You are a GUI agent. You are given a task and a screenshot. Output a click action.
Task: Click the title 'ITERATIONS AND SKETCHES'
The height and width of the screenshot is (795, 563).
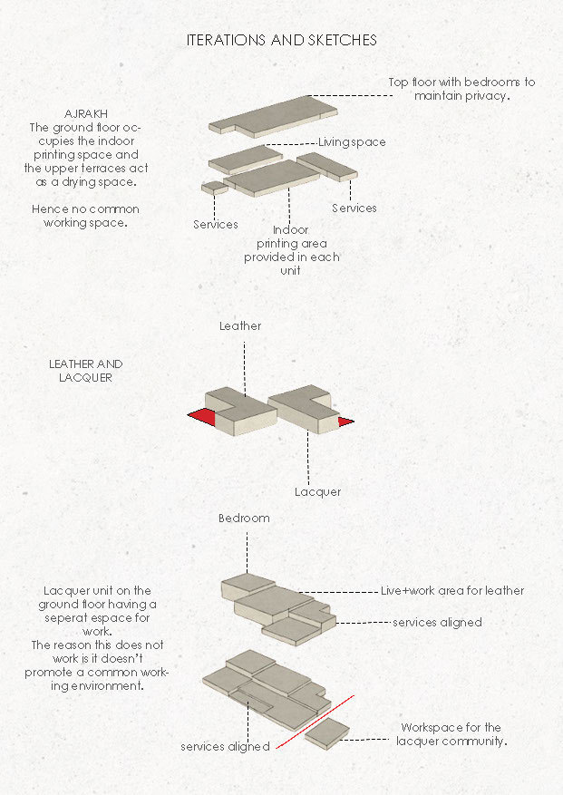pos(281,41)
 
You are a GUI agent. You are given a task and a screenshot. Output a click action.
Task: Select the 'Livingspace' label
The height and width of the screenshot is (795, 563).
pos(352,142)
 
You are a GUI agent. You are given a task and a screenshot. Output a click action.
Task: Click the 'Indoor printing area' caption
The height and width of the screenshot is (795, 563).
pos(291,250)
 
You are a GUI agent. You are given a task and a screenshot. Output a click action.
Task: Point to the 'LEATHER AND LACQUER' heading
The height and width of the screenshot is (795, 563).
pos(85,370)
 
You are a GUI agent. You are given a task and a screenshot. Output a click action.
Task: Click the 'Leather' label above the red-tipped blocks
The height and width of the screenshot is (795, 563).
pos(239,326)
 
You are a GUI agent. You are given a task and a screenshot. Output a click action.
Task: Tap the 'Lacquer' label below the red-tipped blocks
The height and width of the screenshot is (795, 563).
pos(317,492)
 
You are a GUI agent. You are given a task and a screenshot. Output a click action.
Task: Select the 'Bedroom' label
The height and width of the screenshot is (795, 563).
pos(244,519)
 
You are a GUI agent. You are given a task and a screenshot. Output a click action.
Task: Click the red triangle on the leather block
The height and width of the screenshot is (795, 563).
pos(203,417)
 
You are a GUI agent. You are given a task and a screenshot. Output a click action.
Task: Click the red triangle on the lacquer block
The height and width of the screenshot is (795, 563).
pos(345,421)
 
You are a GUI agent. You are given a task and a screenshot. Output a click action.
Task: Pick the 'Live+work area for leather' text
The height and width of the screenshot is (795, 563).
pos(451,591)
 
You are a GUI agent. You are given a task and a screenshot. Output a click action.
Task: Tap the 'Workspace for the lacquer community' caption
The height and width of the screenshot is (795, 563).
pos(451,734)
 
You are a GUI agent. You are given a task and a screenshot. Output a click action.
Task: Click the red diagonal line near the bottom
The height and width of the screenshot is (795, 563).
pos(314,722)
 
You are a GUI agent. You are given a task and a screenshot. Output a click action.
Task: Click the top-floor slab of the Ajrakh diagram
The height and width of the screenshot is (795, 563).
pos(272,114)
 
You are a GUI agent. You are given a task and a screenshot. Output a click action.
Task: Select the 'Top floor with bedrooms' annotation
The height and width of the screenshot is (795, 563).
pos(461,88)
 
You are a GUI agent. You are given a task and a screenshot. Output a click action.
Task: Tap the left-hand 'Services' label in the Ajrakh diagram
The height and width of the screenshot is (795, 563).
pos(216,224)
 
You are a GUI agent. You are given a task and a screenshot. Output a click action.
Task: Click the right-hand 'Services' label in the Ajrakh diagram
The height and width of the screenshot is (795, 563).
pos(354,208)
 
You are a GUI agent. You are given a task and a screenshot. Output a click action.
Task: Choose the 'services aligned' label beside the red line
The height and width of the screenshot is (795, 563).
pos(225,747)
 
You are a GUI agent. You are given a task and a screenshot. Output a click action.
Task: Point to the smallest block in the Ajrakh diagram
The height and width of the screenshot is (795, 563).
pos(214,188)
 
